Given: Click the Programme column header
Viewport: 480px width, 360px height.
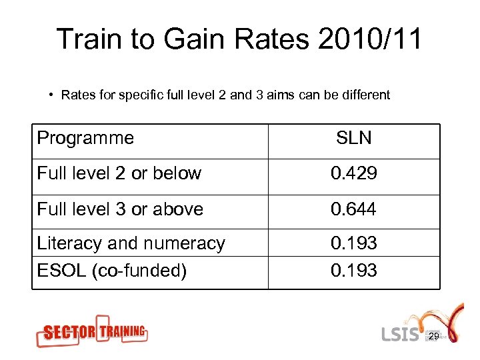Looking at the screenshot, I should (x=85, y=138).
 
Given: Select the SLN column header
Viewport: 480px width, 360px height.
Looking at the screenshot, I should (x=354, y=138).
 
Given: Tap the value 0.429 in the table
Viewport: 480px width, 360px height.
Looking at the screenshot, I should (x=354, y=173).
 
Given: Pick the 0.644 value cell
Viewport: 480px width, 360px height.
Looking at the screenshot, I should (x=354, y=209).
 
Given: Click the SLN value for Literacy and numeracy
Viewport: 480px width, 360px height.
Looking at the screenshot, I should (x=354, y=243).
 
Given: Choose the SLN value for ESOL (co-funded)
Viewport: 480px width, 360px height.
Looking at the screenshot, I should (x=354, y=271).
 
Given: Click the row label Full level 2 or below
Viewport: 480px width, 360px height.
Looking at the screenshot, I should (x=119, y=173).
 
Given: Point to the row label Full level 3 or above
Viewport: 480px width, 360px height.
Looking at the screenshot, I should (x=120, y=209).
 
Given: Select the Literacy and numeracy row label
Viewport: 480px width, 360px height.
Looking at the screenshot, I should (x=131, y=243).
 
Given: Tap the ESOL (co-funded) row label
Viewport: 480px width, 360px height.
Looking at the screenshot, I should (x=111, y=271).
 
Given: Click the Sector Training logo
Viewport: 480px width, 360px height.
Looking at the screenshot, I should (x=91, y=331).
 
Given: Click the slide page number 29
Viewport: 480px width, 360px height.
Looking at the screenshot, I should (x=433, y=337).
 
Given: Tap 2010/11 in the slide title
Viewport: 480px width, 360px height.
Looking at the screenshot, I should (x=370, y=40).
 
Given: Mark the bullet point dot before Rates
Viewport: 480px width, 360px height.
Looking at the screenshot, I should (x=51, y=95).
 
